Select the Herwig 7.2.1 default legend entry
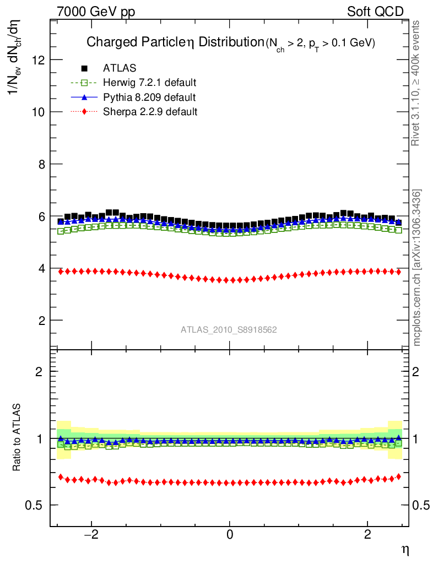pyautogui.click(x=150, y=83)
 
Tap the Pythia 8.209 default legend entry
pyautogui.click(x=149, y=97)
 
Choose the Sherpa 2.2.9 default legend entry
pyautogui.click(x=150, y=112)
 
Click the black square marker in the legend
pyautogui.click(x=84, y=68)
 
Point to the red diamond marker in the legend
pyautogui.click(x=84, y=112)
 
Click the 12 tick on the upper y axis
pyautogui.click(x=37, y=59)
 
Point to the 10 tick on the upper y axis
pyautogui.click(x=37, y=112)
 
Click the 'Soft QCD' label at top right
pyautogui.click(x=375, y=11)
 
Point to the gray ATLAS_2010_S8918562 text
pyautogui.click(x=229, y=330)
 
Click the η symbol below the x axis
pyautogui.click(x=404, y=550)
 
